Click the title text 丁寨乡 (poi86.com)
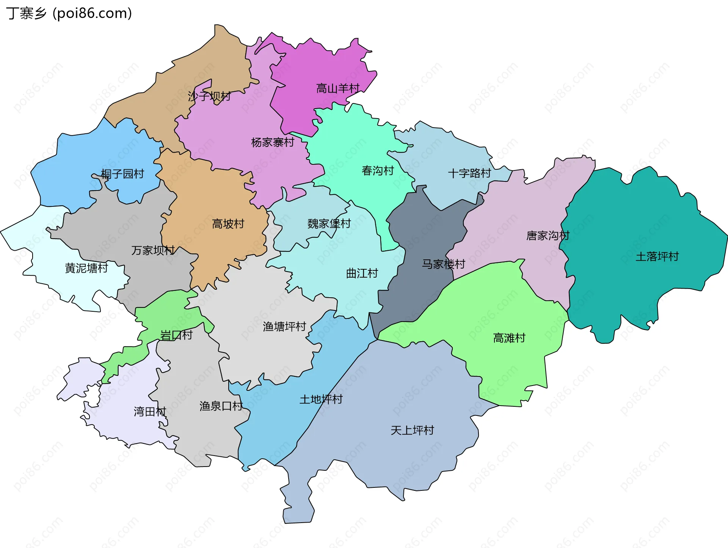[x=69, y=13]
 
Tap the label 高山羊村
[x=338, y=89]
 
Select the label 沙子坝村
[x=209, y=96]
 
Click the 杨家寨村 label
[x=273, y=142]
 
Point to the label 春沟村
[x=378, y=171]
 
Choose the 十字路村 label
[x=469, y=173]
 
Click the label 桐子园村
[x=122, y=174]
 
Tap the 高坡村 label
[x=228, y=224]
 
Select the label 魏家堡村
[x=329, y=223]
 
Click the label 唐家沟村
[x=548, y=236]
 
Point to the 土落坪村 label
[x=657, y=257]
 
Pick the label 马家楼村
[x=443, y=264]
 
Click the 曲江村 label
[x=362, y=273]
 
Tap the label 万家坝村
[x=153, y=250]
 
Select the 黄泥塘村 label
[x=86, y=269]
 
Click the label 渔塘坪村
[x=284, y=326]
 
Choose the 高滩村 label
[x=509, y=338]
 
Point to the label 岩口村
[x=176, y=335]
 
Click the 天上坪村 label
[x=412, y=430]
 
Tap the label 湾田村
[x=150, y=412]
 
